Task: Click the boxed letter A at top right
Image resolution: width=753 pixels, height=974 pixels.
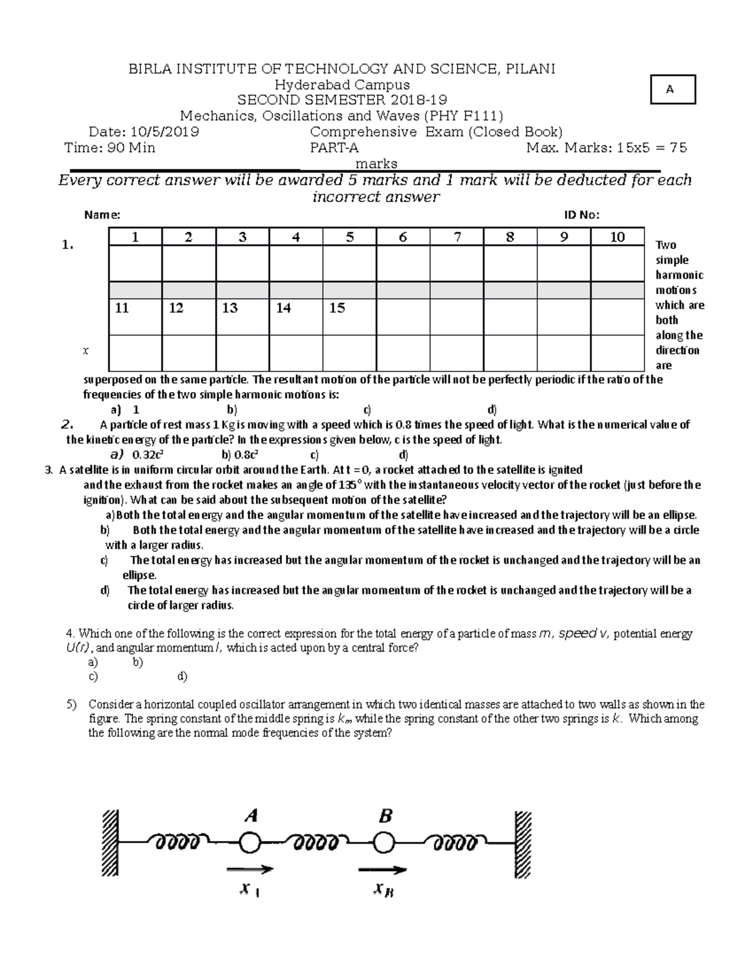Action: (670, 89)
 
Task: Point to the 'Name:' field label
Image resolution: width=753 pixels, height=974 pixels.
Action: (102, 215)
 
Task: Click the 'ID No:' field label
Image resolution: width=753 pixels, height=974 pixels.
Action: (582, 215)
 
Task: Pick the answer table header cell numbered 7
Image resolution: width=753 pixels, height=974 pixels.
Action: (457, 236)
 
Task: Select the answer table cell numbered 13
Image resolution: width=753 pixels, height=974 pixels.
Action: (230, 308)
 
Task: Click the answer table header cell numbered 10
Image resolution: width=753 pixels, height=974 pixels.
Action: (617, 236)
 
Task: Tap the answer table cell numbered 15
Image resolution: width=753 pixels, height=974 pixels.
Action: (337, 308)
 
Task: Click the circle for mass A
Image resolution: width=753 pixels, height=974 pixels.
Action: (249, 843)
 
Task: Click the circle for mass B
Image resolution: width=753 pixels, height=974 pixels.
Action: (383, 843)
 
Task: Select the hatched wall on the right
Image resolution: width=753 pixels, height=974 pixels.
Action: (523, 844)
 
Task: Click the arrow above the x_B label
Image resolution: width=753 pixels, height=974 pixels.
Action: (382, 870)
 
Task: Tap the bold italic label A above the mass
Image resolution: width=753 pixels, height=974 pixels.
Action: (251, 815)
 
